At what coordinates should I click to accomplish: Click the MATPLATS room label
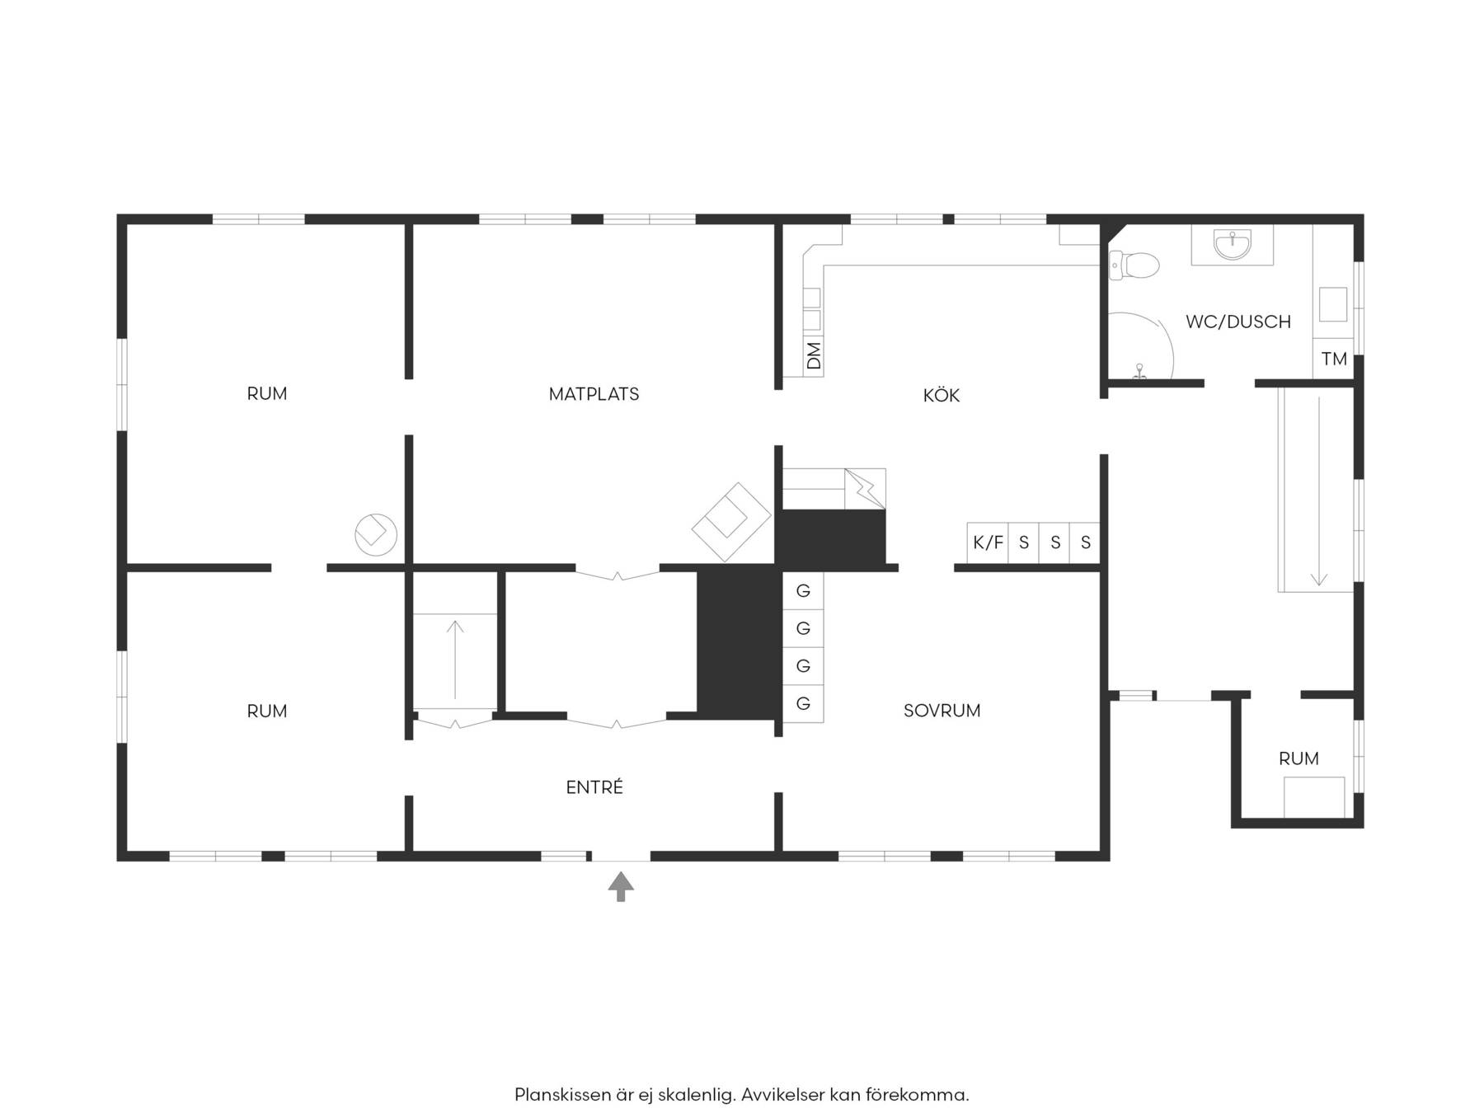pos(594,394)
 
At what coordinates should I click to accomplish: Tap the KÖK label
pos(941,395)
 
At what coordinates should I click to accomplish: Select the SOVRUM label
pos(942,711)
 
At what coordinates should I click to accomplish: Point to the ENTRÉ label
pos(594,787)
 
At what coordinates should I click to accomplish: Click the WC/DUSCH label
pos(1237,322)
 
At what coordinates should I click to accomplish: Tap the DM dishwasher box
pos(814,355)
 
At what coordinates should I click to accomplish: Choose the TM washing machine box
pos(1333,359)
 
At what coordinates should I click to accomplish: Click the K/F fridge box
pos(988,542)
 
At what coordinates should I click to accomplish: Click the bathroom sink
pos(1232,244)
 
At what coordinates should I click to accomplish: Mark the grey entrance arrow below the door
pos(621,887)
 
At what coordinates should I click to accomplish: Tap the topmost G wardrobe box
pos(803,591)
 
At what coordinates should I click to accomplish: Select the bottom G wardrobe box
pos(803,703)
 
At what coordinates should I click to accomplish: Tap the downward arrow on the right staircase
pos(1318,491)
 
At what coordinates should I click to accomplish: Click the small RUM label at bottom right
pos(1298,758)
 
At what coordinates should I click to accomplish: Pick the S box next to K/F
pos(1024,542)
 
